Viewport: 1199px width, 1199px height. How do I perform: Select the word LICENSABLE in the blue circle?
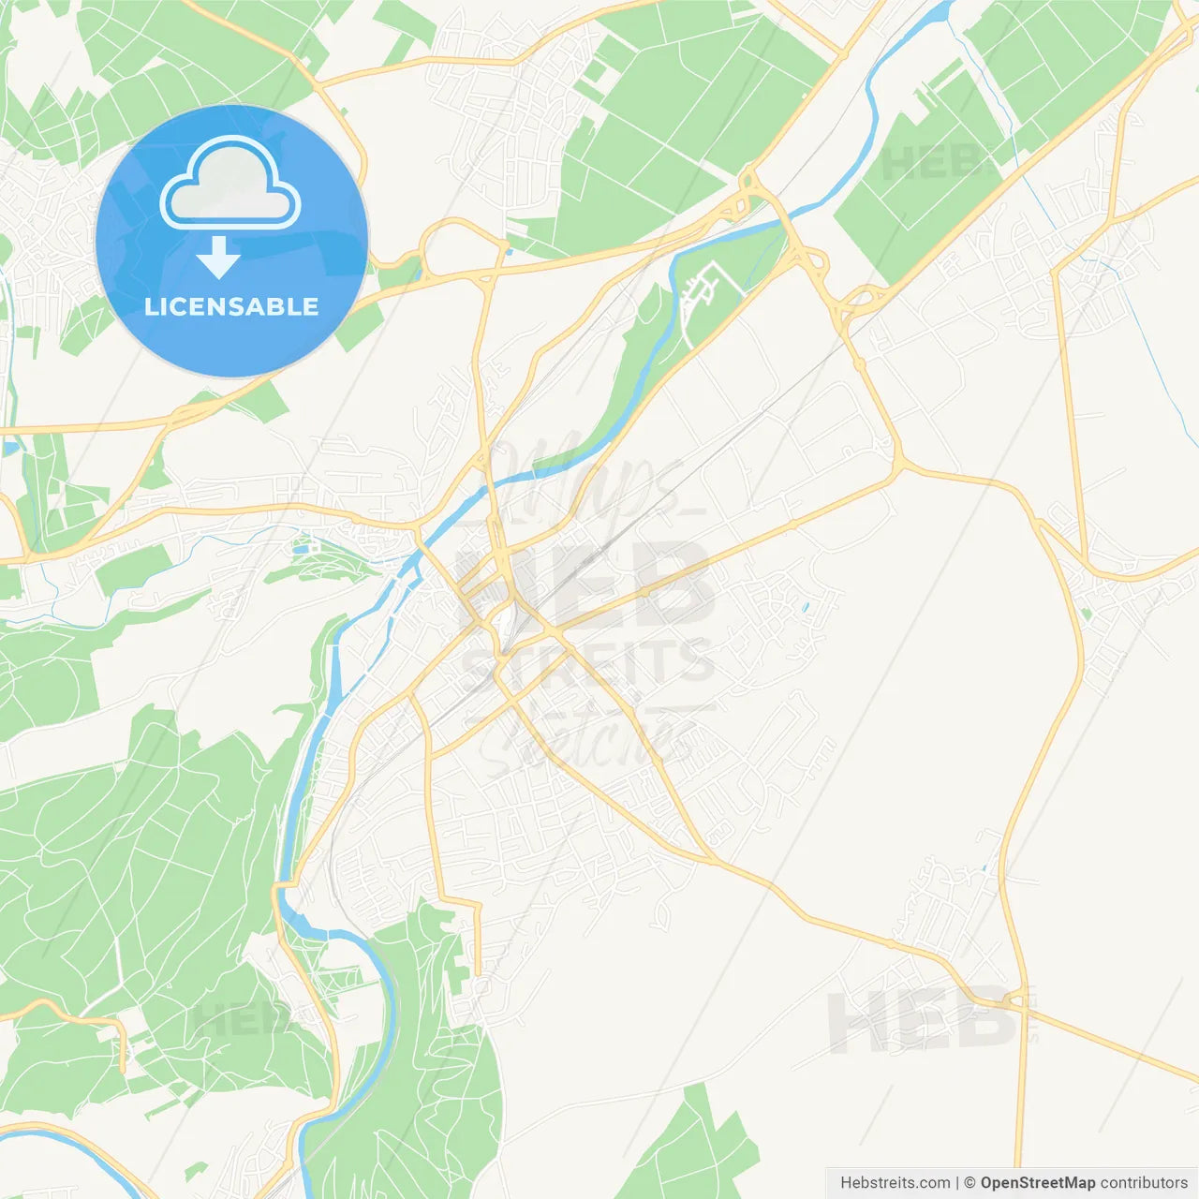coord(231,306)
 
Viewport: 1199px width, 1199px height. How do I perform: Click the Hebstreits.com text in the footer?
coord(895,1183)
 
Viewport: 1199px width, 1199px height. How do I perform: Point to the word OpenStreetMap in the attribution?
coord(1037,1183)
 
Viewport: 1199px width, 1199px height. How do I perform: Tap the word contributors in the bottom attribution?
coord(1144,1183)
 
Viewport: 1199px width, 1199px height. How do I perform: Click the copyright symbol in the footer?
coord(970,1183)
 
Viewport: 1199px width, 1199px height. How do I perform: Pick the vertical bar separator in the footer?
coord(957,1183)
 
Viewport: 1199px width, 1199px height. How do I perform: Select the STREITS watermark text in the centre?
coord(588,661)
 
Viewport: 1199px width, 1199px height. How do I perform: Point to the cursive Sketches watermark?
coord(585,740)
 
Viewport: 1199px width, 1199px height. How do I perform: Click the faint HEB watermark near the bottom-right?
coord(923,1021)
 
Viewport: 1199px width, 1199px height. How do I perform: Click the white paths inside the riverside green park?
coord(707,290)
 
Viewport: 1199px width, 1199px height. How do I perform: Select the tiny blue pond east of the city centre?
coord(805,606)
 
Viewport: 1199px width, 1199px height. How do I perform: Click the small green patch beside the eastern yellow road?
coord(1086,614)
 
